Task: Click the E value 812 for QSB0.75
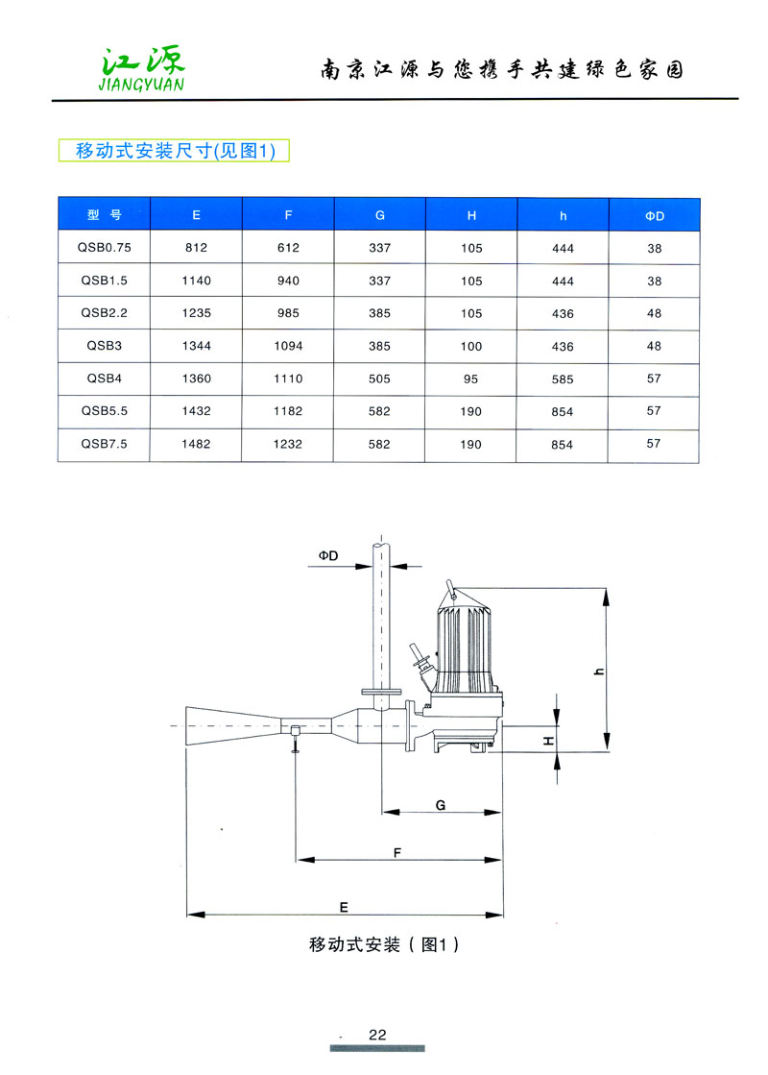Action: (196, 248)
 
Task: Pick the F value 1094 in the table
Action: (288, 346)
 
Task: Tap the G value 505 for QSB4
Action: (380, 379)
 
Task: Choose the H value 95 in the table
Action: (471, 379)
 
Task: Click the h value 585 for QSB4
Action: (563, 379)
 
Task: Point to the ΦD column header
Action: (655, 216)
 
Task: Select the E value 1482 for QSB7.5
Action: (196, 444)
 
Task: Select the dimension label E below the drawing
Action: (343, 906)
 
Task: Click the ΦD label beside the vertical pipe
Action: (328, 556)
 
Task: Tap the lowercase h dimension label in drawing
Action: (598, 672)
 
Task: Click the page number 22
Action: (377, 1035)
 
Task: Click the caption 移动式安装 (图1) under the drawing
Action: (385, 944)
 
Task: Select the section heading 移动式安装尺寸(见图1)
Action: (168, 150)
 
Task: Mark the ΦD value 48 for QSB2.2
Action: (655, 313)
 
